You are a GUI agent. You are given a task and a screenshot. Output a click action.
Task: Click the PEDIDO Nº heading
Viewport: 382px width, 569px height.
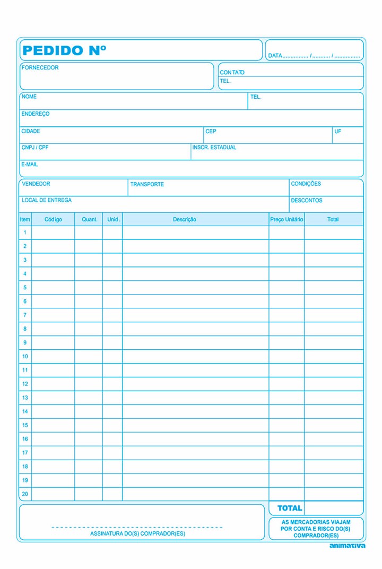point(64,50)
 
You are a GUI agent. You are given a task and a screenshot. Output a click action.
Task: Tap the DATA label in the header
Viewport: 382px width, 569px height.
point(275,56)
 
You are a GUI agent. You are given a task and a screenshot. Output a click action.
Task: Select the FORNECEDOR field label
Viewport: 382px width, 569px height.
point(40,68)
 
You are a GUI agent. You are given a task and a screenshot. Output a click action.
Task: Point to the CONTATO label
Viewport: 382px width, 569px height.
point(232,73)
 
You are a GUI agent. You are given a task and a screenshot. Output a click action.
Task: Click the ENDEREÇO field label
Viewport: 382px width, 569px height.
point(36,114)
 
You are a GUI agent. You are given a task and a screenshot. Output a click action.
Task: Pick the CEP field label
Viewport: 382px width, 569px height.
point(211,131)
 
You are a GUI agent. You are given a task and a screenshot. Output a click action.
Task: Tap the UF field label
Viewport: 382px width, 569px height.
point(337,131)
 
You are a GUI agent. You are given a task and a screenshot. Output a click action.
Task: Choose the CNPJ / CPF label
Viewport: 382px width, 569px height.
point(35,148)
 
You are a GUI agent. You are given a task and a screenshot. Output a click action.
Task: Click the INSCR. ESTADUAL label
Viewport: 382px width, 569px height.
point(214,148)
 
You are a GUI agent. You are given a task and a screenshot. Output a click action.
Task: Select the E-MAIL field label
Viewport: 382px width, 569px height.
point(30,165)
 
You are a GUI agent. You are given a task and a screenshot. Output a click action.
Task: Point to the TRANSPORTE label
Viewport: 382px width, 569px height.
point(147,185)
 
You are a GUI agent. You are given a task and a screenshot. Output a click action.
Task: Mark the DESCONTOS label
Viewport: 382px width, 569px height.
point(306,201)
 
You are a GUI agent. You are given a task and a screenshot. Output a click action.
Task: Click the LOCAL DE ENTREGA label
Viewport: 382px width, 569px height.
point(47,201)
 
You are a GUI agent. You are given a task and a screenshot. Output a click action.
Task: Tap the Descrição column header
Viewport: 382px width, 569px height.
point(185,220)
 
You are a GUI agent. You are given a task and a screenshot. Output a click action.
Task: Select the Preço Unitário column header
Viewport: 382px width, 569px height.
point(286,220)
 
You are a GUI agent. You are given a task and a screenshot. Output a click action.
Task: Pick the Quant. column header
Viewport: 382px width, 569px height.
point(90,220)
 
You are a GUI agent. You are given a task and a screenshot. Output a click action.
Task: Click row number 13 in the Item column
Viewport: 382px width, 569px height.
point(25,398)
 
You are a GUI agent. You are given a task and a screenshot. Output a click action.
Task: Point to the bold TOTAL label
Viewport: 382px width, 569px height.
point(290,508)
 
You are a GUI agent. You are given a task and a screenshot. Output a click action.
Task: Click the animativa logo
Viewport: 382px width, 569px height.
point(347,546)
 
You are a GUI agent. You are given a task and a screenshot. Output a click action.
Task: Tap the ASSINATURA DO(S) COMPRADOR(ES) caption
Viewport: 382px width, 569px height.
point(138,533)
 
